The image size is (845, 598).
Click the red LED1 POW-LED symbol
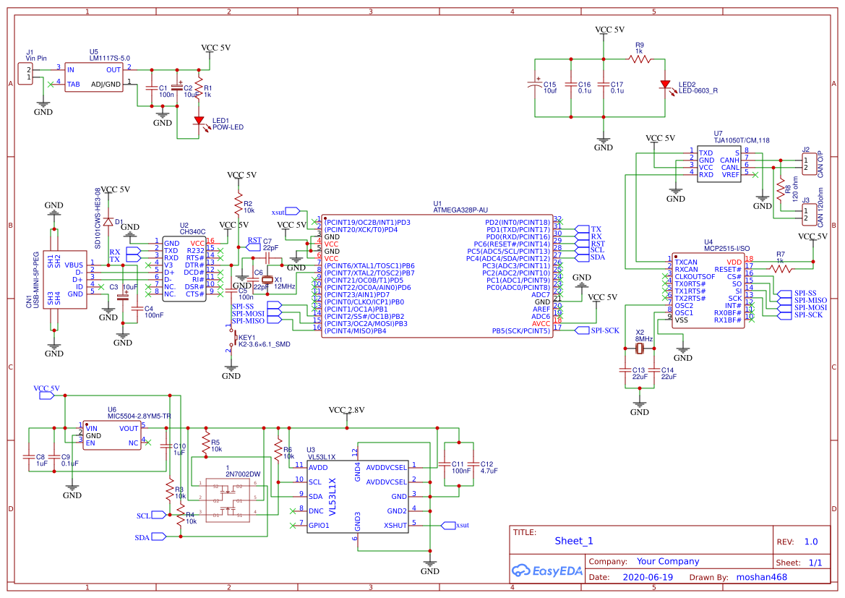(198, 121)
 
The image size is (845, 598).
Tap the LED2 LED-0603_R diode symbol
(665, 85)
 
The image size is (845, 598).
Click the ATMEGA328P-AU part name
(460, 210)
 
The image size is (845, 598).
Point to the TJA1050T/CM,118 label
(741, 140)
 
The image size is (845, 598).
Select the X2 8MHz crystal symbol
(640, 349)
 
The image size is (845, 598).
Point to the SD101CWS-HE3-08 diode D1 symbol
(108, 222)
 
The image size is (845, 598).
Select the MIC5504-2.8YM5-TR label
(139, 417)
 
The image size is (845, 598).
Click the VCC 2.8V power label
(346, 410)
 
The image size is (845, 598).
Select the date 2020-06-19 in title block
(647, 577)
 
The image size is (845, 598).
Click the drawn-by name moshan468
(761, 577)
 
